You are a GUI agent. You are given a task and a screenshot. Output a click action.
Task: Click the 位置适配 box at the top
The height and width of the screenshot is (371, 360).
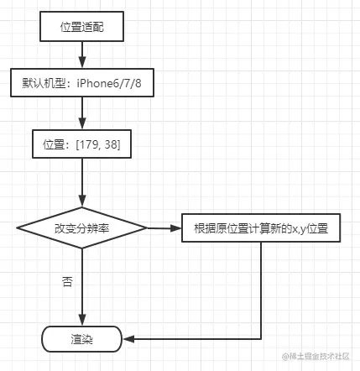coord(81,26)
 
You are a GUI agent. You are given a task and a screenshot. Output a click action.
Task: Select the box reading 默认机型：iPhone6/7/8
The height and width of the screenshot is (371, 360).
coord(81,85)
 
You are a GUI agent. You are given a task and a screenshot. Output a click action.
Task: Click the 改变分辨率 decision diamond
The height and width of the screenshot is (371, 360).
coord(81,228)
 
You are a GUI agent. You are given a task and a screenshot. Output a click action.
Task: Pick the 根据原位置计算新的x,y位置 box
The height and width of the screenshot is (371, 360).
coord(260,228)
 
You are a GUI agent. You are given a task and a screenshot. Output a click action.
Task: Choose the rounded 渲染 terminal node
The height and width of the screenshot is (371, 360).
coord(81,339)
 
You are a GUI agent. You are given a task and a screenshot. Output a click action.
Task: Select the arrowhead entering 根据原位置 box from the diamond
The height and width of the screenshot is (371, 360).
coord(176,228)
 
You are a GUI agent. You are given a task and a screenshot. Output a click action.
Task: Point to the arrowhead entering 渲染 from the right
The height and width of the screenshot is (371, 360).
coord(128,339)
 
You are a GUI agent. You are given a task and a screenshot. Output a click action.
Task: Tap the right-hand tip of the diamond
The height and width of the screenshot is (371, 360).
coord(147,228)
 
